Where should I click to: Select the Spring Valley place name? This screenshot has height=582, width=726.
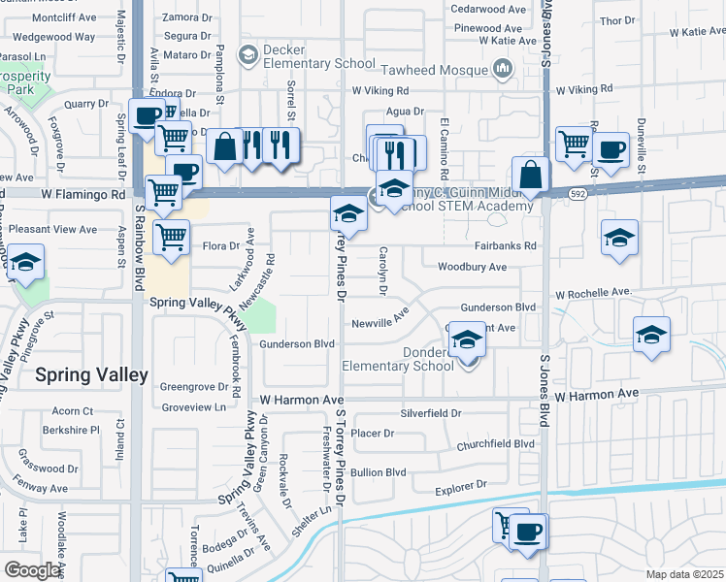pyautogui.click(x=92, y=374)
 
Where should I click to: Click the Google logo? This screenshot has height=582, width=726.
pyautogui.click(x=33, y=570)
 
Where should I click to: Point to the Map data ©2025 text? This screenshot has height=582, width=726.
pyautogui.click(x=684, y=575)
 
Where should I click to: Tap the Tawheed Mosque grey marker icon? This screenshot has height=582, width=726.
pyautogui.click(x=503, y=68)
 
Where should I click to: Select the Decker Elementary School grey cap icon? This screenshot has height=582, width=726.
pyautogui.click(x=248, y=56)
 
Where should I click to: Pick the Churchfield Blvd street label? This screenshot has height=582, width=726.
pyautogui.click(x=496, y=443)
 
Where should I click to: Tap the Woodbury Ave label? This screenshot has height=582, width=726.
pyautogui.click(x=472, y=267)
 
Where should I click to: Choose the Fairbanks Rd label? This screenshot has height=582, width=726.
pyautogui.click(x=506, y=246)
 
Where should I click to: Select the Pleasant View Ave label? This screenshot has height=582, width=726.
pyautogui.click(x=56, y=230)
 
